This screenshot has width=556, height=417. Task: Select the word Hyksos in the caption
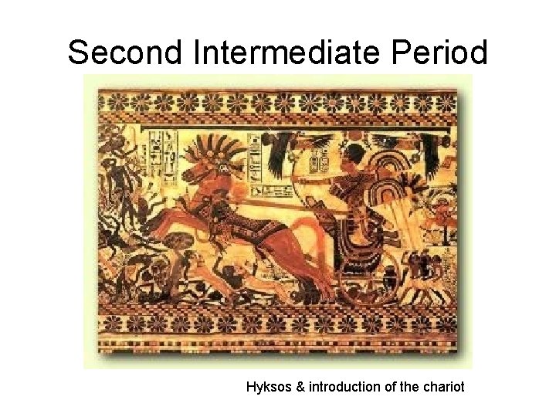pyautogui.click(x=269, y=387)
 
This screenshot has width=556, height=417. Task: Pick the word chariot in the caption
pyautogui.click(x=443, y=387)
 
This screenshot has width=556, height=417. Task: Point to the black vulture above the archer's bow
pyautogui.click(x=282, y=144)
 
